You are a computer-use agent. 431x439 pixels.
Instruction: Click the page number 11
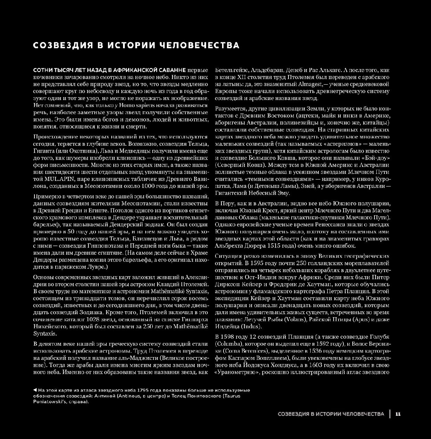click(x=398, y=414)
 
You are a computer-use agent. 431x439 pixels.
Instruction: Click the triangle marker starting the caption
click(x=34, y=390)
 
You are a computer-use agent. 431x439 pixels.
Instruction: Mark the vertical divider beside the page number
click(x=390, y=414)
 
